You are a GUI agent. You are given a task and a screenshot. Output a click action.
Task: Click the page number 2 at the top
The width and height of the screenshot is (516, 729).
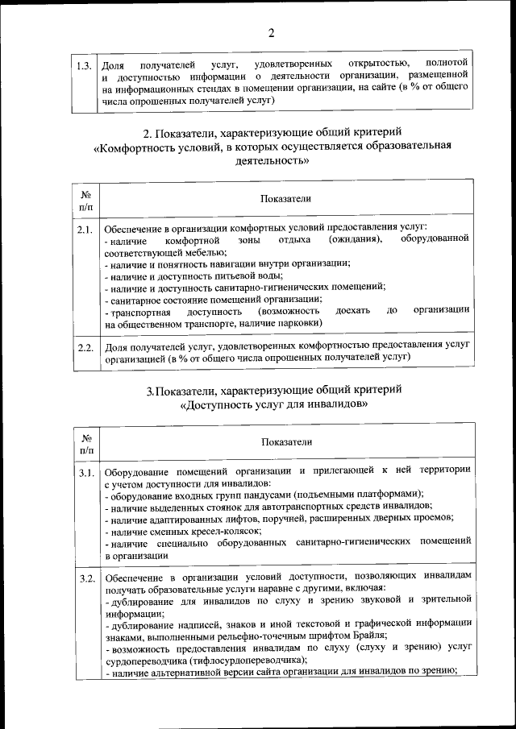tap(271, 33)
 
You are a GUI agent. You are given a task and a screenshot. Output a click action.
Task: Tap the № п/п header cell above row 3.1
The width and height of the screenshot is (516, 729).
tap(85, 441)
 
